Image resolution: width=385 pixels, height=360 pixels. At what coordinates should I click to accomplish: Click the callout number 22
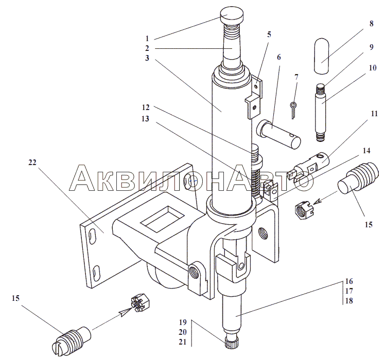pos(32,163)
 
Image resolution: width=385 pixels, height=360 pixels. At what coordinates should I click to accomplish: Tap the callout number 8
pos(371,24)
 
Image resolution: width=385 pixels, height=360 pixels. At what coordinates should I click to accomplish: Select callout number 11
pos(374,114)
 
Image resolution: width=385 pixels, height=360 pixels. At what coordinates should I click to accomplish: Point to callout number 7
pos(296,77)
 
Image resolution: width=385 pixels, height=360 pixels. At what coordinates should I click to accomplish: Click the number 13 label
pos(145,119)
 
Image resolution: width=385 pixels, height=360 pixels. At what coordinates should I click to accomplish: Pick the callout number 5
pos(269,34)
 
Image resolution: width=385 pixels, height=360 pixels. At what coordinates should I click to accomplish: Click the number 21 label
pos(183,342)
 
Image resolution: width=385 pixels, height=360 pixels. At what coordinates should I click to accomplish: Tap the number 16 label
pos(349,281)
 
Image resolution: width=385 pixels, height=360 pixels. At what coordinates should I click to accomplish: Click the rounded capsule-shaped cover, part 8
pos(321,56)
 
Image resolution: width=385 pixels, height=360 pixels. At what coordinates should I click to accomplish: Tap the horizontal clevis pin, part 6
pos(278,134)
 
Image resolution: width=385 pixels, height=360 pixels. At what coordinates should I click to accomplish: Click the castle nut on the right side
pos(304,209)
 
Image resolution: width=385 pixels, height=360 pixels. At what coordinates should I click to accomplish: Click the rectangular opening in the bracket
pos(162,219)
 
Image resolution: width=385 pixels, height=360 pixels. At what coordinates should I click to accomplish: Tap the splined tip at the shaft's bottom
pos(231,343)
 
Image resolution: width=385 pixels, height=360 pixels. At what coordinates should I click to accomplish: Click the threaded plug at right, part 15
pos(357,178)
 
